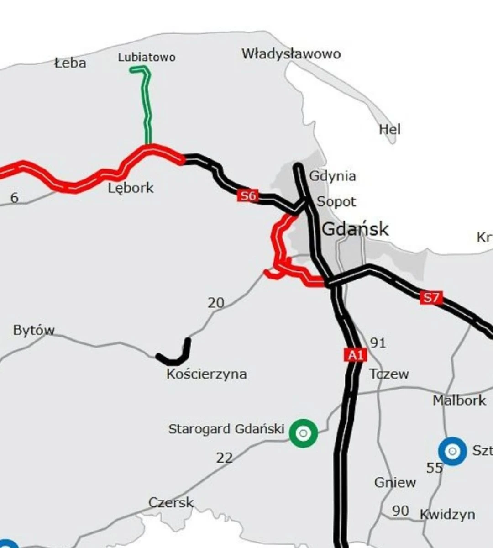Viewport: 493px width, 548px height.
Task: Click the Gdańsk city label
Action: pos(355,228)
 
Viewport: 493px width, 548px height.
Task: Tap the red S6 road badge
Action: pos(248,196)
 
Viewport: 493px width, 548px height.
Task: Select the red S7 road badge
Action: pos(431,298)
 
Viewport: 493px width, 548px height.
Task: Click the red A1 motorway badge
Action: pos(355,355)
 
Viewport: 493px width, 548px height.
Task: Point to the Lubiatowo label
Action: pos(147,58)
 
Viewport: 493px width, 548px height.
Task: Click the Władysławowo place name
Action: pos(291,54)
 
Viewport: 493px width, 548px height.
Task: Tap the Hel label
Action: pos(389,129)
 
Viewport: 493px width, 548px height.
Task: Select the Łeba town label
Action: pos(70,63)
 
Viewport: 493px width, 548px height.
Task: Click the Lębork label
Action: pos(131,188)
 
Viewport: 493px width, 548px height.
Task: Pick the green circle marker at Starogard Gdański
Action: pos(303,432)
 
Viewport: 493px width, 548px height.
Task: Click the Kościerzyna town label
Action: pos(206,374)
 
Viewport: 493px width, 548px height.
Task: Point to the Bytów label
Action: pos(34,330)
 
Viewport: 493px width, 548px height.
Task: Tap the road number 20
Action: pos(216,302)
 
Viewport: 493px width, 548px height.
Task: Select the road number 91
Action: pos(378,342)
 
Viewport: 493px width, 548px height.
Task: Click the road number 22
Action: pos(224,457)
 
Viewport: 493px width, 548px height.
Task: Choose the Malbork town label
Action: pos(459,400)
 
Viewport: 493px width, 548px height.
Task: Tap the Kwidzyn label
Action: pos(447,515)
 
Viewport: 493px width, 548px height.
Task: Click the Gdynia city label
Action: pos(332,176)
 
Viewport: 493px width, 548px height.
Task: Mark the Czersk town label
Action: pos(171,503)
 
